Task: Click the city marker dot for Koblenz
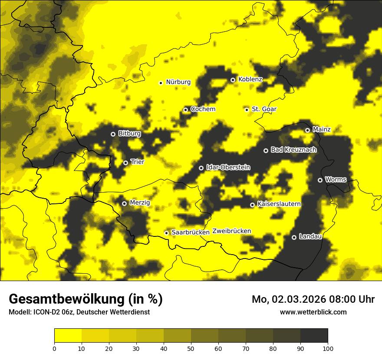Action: pos(233,80)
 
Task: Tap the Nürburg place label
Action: pos(178,82)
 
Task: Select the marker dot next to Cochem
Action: pos(185,110)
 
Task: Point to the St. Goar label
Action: pos(264,109)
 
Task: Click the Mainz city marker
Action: pos(307,130)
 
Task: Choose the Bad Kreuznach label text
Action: pos(293,150)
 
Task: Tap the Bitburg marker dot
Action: pos(113,134)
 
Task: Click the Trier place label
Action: pos(137,162)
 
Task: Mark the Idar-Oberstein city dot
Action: pos(201,168)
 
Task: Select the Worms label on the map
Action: pos(336,179)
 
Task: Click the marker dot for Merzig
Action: pos(124,203)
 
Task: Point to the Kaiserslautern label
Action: pos(279,203)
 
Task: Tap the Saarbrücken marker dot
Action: pos(166,233)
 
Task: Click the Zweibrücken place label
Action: pos(231,231)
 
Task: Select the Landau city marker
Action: pos(294,237)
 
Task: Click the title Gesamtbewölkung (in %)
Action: pos(86,299)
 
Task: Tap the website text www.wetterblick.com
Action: pos(313,312)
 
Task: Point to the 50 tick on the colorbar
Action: pos(191,348)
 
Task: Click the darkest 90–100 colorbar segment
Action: pos(314,336)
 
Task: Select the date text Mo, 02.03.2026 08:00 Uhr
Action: pos(313,299)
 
